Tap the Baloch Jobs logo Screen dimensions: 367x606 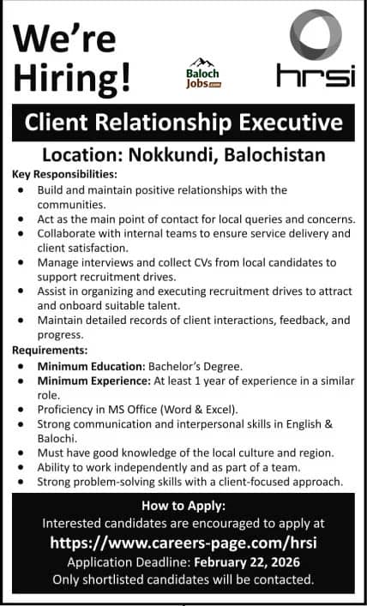203,73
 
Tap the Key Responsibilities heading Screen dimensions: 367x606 64,174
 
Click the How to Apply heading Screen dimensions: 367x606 183,504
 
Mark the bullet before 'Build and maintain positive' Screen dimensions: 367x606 21,189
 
